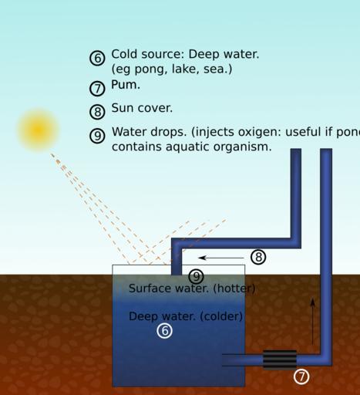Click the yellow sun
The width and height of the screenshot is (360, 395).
39,130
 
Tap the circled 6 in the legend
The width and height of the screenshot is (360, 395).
97,58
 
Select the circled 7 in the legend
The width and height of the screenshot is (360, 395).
97,89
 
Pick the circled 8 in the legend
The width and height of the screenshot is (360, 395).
97,112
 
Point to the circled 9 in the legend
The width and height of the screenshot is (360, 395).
97,136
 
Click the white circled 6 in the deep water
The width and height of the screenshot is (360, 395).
164,331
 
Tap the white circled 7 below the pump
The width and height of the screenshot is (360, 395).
301,376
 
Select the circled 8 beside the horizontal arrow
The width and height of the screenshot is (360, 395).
258,257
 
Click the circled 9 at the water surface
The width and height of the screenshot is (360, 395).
196,276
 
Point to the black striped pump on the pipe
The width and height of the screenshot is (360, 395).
280,360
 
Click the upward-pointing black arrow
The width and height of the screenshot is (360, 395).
312,322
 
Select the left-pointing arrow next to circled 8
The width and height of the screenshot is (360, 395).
221,258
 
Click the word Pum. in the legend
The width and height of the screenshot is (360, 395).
126,85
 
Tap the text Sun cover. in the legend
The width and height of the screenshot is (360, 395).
142,108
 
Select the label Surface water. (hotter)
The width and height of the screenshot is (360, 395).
192,289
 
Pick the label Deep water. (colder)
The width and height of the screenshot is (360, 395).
186,316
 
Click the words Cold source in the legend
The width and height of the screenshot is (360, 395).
148,54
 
